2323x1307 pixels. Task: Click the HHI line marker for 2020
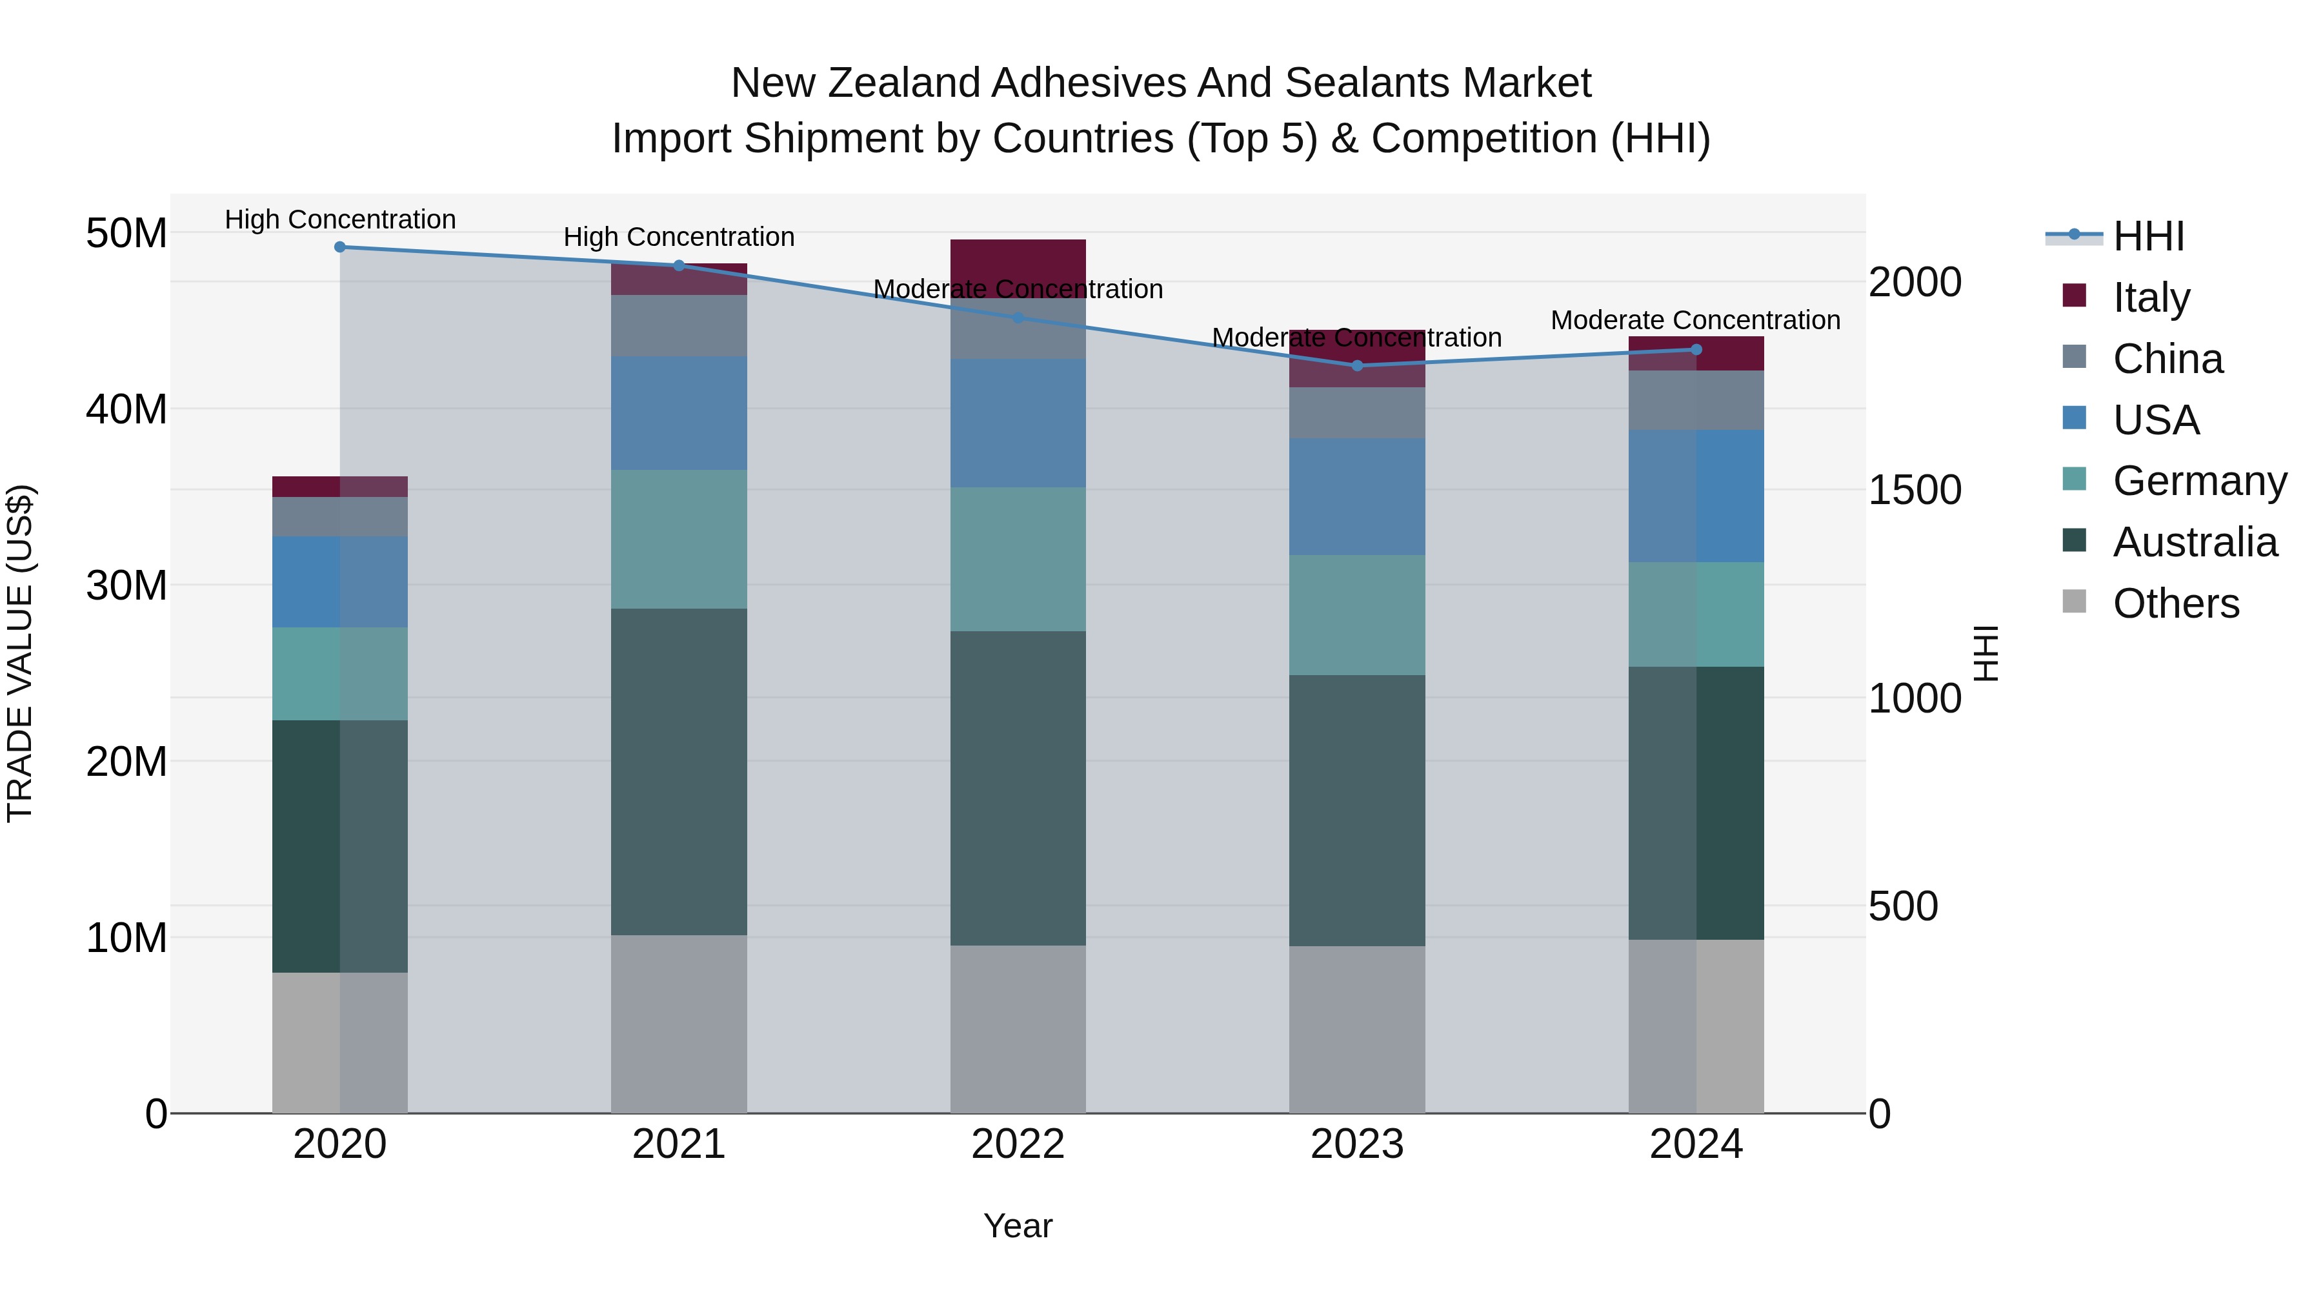[x=340, y=247]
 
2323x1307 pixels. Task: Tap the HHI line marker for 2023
[x=1357, y=365]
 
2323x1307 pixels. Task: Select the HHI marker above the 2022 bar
[x=1018, y=318]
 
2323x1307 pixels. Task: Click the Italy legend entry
[x=2151, y=298]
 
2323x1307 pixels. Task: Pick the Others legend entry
[x=2175, y=603]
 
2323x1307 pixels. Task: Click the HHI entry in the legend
[x=2148, y=236]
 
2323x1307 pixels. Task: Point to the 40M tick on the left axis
[x=126, y=409]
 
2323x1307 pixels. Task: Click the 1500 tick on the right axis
[x=1915, y=490]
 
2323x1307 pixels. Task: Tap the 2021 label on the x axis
[x=679, y=1144]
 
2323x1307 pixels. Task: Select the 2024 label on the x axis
[x=1696, y=1144]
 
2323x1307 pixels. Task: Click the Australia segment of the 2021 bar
[x=679, y=771]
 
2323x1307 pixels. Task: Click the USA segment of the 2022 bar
[x=1018, y=423]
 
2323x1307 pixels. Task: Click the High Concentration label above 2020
[x=340, y=220]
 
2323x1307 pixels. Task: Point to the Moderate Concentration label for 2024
[x=1695, y=320]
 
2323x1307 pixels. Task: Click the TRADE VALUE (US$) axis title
[x=20, y=653]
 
